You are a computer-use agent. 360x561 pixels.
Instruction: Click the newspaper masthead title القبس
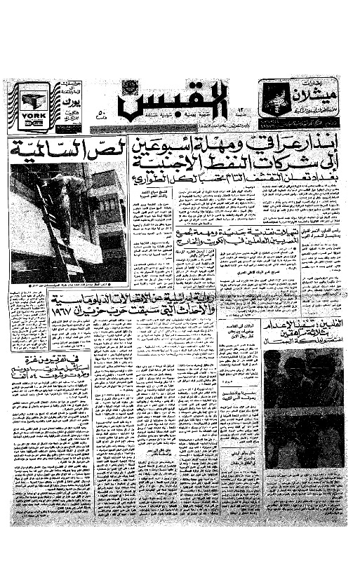point(152,104)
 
